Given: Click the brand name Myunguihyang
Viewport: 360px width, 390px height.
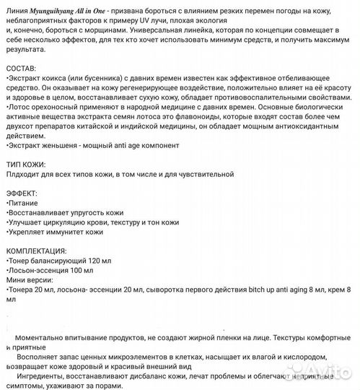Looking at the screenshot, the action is coord(56,8).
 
